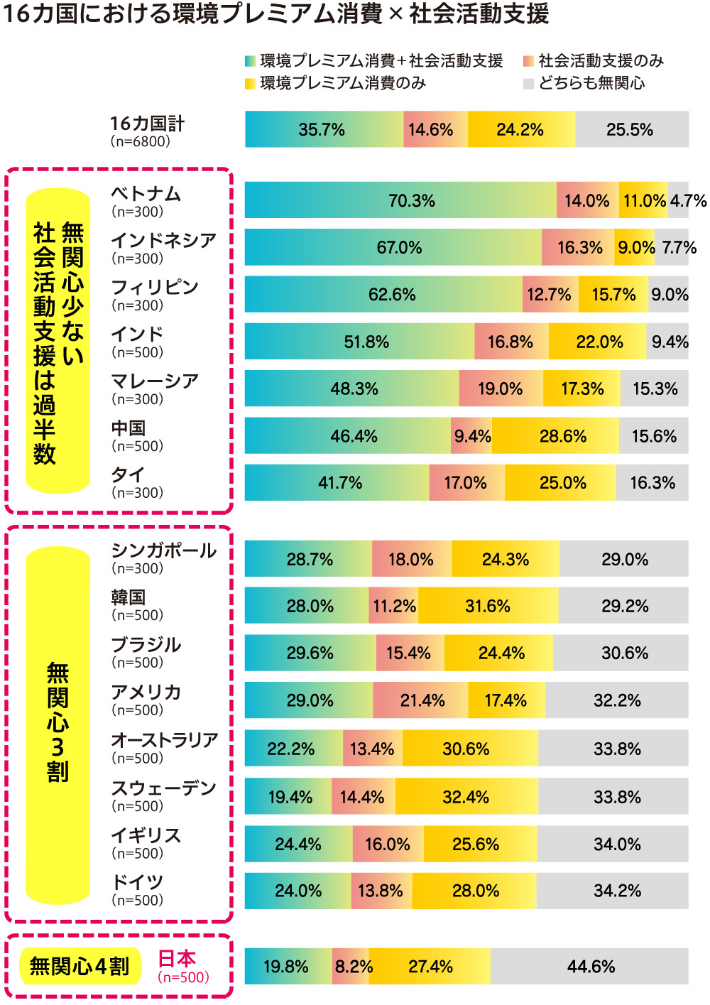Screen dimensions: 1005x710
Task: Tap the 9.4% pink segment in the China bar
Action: pyautogui.click(x=472, y=435)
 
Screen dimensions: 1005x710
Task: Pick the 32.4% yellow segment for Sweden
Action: pyautogui.click(x=466, y=796)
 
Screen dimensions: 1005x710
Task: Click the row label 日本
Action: pyautogui.click(x=177, y=958)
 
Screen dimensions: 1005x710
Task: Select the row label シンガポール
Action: pyautogui.click(x=164, y=550)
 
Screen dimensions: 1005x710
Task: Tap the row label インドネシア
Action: pyautogui.click(x=164, y=240)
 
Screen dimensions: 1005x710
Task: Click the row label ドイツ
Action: pyautogui.click(x=138, y=881)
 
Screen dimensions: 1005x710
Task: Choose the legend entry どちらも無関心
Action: pyautogui.click(x=591, y=83)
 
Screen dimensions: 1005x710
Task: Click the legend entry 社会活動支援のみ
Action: pyautogui.click(x=601, y=61)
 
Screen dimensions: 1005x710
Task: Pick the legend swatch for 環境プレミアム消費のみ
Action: pyautogui.click(x=250, y=84)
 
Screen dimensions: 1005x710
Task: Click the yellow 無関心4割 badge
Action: pyautogui.click(x=80, y=966)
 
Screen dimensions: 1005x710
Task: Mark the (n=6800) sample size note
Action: pyautogui.click(x=141, y=141)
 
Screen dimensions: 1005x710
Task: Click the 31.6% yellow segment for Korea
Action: pyautogui.click(x=488, y=606)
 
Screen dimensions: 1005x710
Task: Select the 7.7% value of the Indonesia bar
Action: pyautogui.click(x=679, y=247)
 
